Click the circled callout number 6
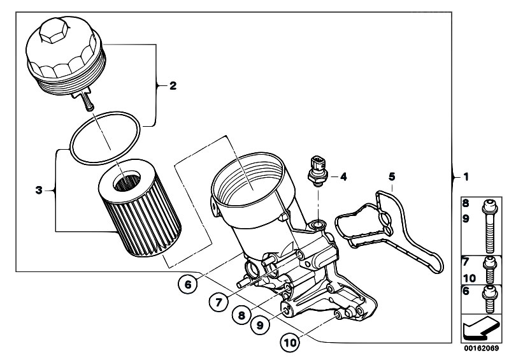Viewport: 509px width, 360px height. pyautogui.click(x=187, y=286)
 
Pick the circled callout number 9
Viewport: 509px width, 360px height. pyautogui.click(x=259, y=325)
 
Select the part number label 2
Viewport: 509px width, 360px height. pyautogui.click(x=171, y=85)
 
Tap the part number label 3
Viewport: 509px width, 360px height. pyautogui.click(x=39, y=189)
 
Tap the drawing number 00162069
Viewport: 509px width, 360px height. pyautogui.click(x=481, y=349)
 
